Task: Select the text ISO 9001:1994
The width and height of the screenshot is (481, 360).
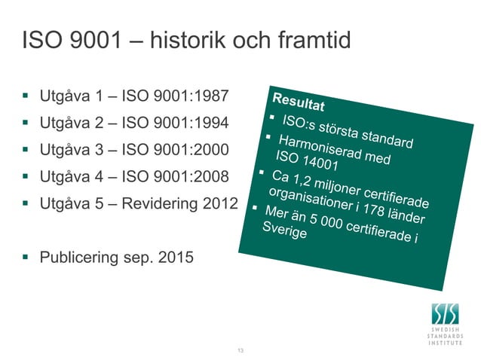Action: coord(180,123)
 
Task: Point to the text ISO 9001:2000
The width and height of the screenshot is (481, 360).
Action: coord(180,150)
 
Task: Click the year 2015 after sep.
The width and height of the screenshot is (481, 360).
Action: coord(175,258)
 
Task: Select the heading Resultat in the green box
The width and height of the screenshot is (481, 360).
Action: coord(299,102)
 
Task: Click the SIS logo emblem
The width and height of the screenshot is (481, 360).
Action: coord(447,313)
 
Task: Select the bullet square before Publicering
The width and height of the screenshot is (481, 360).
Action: coord(26,258)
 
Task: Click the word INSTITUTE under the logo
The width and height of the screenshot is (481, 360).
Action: coord(447,342)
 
